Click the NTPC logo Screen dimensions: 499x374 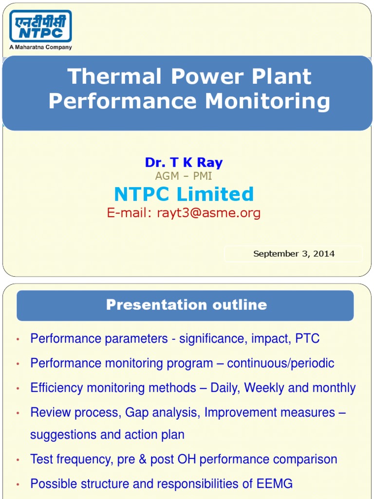40,26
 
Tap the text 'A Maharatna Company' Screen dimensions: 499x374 40,47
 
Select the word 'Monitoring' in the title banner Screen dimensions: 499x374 267,101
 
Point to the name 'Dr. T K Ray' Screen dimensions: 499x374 184,163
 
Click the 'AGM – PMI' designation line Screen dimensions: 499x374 184,176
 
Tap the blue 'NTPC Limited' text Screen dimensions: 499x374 184,194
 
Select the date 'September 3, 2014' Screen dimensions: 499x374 294,253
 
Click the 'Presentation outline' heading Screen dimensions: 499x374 187,305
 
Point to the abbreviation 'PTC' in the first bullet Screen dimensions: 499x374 307,339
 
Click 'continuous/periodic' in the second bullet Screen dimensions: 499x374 280,364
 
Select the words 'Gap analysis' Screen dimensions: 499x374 163,413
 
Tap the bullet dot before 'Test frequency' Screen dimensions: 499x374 18,460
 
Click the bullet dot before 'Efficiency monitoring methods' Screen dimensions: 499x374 18,388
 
